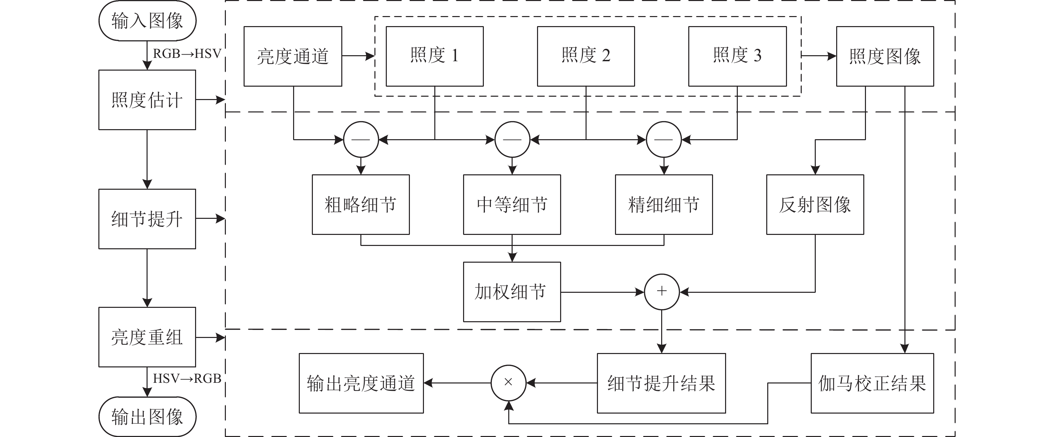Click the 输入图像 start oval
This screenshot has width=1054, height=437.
147,21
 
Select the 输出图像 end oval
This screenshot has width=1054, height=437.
147,417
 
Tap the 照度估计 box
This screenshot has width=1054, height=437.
147,100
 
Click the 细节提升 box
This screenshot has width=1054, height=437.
147,219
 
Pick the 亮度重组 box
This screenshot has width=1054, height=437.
147,337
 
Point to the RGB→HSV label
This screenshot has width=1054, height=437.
187,54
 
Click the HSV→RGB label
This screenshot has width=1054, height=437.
187,378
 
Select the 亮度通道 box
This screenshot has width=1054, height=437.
293,57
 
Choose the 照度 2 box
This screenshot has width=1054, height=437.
586,57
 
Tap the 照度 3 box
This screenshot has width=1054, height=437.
737,57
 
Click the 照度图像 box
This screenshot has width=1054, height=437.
885,57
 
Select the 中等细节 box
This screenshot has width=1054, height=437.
512,204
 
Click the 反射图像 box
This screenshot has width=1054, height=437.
815,204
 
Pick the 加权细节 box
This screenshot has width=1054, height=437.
512,292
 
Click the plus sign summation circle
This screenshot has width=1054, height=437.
662,292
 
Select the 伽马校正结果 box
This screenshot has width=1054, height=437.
872,383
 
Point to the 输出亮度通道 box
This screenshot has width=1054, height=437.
361,383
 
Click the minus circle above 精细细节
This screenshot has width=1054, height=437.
664,140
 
